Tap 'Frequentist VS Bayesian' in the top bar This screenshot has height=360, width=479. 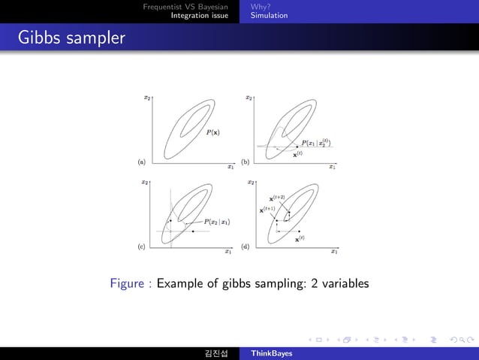point(185,7)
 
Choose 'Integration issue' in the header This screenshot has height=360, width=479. point(199,15)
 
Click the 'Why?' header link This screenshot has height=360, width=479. point(261,7)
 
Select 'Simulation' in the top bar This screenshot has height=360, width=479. point(269,15)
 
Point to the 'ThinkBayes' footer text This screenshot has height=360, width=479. point(271,352)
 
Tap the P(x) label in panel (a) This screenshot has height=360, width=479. point(213,132)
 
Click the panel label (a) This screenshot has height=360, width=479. point(140,162)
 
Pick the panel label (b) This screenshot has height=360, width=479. point(245,162)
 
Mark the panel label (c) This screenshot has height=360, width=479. point(140,246)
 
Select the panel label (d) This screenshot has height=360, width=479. point(245,246)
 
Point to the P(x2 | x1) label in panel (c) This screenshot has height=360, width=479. point(217,222)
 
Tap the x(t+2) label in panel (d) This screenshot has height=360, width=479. point(276,198)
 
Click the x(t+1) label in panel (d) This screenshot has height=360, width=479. point(267,210)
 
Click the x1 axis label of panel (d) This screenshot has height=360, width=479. point(334,252)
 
